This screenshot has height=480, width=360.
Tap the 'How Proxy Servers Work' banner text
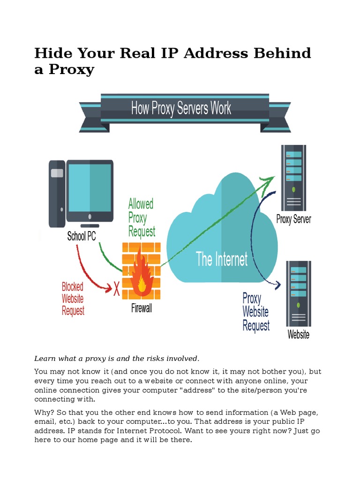pyautogui.click(x=181, y=109)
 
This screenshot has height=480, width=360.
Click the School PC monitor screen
pyautogui.click(x=89, y=187)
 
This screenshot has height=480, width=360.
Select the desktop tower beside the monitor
pyautogui.click(x=57, y=192)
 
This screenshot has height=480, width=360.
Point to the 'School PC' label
pyautogui.click(x=82, y=236)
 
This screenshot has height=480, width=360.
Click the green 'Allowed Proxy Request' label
pyautogui.click(x=141, y=218)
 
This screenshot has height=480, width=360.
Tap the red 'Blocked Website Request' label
pyautogui.click(x=73, y=299)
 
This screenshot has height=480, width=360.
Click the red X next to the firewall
pyautogui.click(x=117, y=289)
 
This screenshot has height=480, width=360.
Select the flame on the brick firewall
pyautogui.click(x=141, y=277)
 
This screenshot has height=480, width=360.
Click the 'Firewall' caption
pyautogui.click(x=141, y=309)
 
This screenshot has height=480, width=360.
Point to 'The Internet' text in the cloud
pyautogui.click(x=222, y=259)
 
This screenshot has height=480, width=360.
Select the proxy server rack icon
pyautogui.click(x=294, y=178)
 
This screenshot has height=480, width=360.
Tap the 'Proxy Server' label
pyautogui.click(x=294, y=219)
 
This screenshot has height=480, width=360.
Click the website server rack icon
pyautogui.click(x=298, y=293)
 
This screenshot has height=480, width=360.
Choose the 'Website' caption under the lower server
pyautogui.click(x=299, y=335)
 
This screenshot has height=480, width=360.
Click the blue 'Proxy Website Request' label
pyautogui.click(x=255, y=312)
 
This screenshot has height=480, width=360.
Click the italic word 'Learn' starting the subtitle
pyautogui.click(x=45, y=359)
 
